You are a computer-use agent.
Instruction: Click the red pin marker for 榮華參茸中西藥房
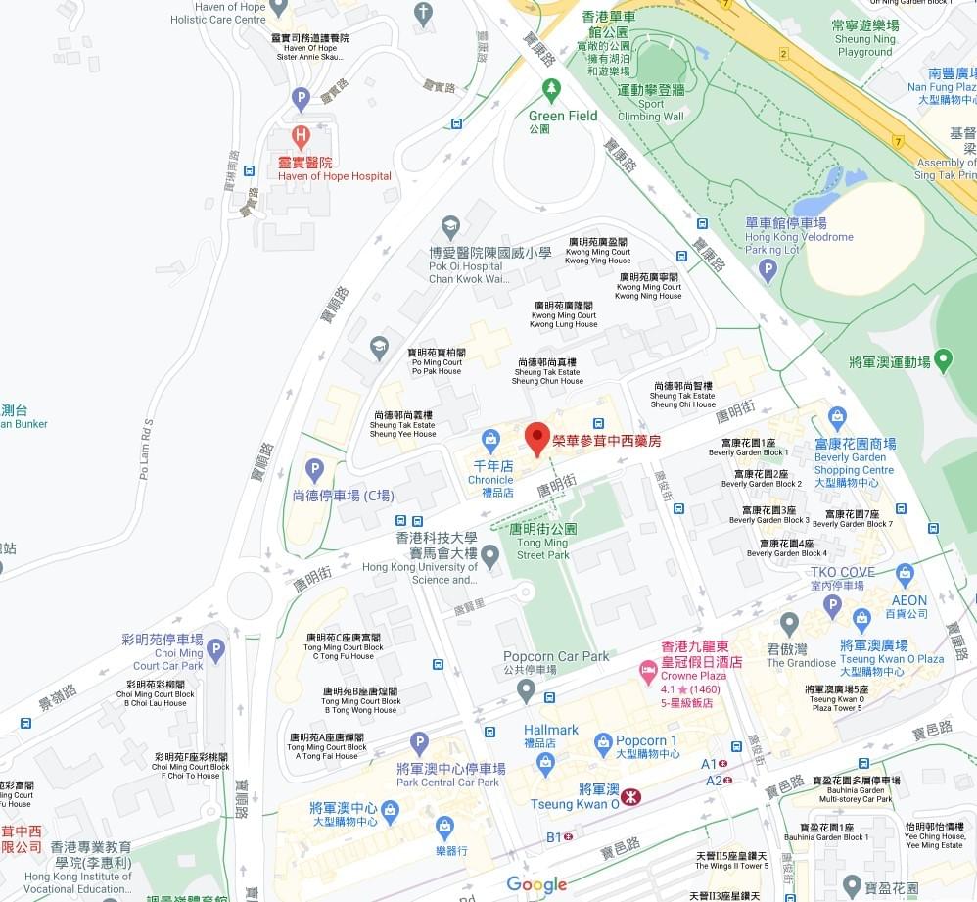[x=536, y=438]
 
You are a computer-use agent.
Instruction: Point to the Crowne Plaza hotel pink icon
[x=647, y=670]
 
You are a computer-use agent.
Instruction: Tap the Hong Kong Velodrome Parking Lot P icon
[x=768, y=269]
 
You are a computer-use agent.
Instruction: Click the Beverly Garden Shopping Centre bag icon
[x=837, y=419]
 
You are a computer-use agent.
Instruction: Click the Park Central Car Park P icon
[x=419, y=743]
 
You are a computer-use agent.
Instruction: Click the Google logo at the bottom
[x=536, y=885]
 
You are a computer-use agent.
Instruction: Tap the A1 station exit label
[x=709, y=764]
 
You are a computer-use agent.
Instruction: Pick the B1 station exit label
[x=554, y=837]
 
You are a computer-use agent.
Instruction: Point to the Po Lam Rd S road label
[x=147, y=450]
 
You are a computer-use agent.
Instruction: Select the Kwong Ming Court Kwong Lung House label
[x=564, y=314]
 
